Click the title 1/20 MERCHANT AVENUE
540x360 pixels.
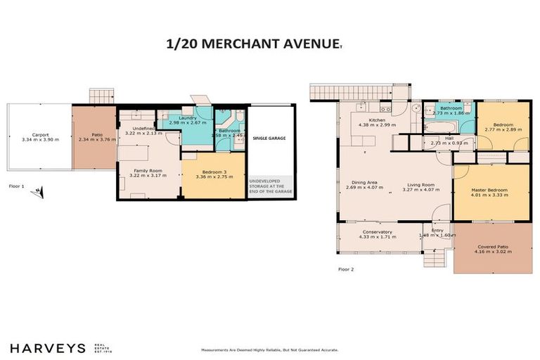[x=252, y=44]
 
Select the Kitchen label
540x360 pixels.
[x=377, y=120]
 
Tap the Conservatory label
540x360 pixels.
[x=377, y=232]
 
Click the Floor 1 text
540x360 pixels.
[x=16, y=186]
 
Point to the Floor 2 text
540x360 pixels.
[x=346, y=269]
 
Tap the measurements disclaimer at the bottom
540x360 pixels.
[x=270, y=349]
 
